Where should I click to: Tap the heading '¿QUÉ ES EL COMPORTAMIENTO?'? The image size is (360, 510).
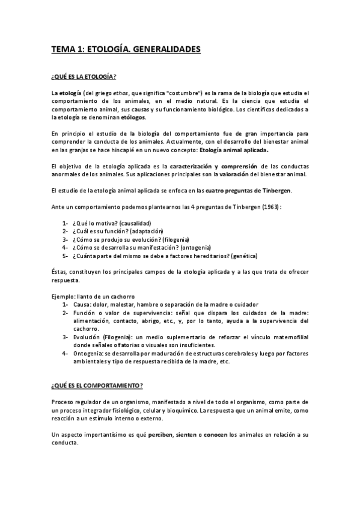tap(97, 384)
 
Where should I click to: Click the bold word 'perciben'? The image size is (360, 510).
tap(158, 434)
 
